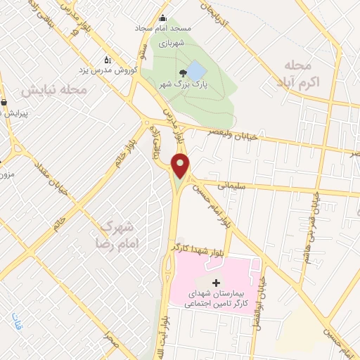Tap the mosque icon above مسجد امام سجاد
pos(163,18)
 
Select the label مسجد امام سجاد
pos(163,29)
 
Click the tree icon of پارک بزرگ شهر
pos(184,72)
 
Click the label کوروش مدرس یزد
pos(108,70)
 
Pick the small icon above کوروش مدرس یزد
pos(107,60)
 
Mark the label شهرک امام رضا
pos(116,236)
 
